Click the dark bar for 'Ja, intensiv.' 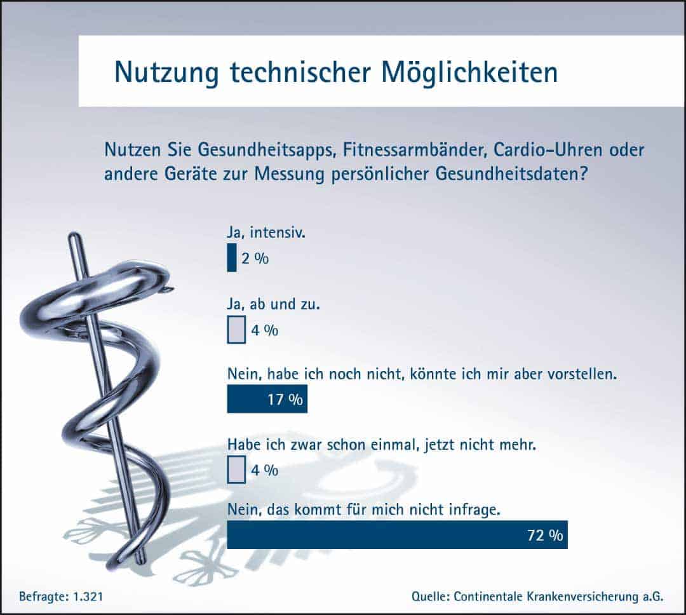pyautogui.click(x=232, y=257)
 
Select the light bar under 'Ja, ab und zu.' pyautogui.click(x=236, y=330)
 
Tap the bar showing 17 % pyautogui.click(x=267, y=399)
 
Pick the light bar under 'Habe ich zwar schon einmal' pyautogui.click(x=236, y=470)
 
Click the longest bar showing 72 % pyautogui.click(x=397, y=534)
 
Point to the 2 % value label pyautogui.click(x=255, y=258)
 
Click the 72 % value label pyautogui.click(x=545, y=535)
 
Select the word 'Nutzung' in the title pyautogui.click(x=166, y=72)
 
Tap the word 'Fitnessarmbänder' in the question pyautogui.click(x=415, y=150)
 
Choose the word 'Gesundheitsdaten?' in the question pyautogui.click(x=511, y=174)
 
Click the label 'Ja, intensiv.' pyautogui.click(x=266, y=233)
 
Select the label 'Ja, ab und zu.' pyautogui.click(x=273, y=304)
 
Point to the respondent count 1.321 pyautogui.click(x=88, y=596)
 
